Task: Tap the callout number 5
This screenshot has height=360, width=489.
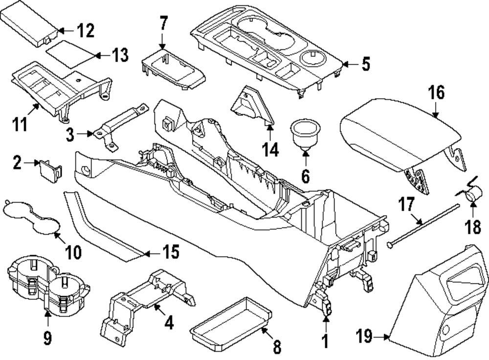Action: click(365, 64)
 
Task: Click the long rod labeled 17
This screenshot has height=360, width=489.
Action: click(425, 223)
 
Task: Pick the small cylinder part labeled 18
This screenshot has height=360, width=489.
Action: click(472, 196)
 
